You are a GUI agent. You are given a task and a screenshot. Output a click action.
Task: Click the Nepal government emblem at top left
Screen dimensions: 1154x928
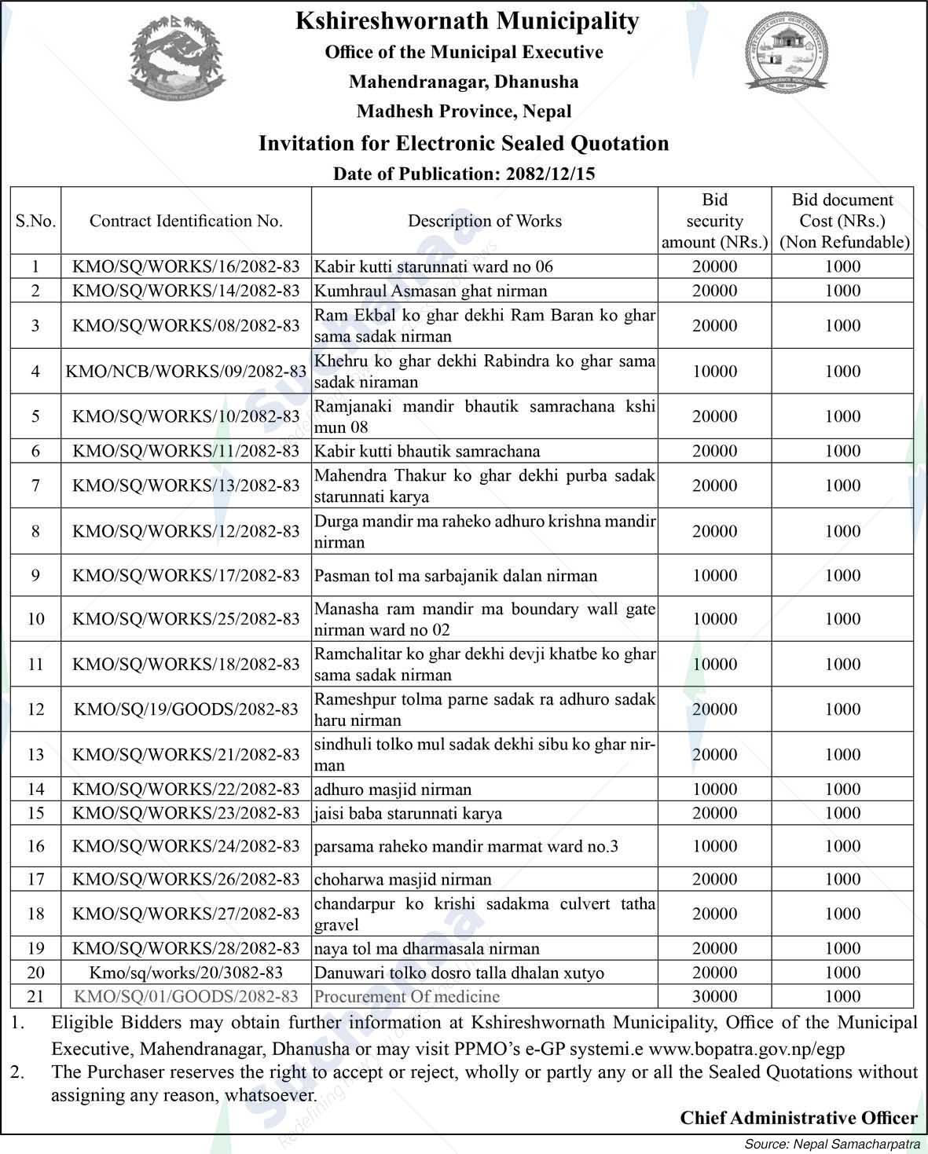[175, 61]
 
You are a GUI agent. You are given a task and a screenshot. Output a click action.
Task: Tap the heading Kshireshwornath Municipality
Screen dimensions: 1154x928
[467, 20]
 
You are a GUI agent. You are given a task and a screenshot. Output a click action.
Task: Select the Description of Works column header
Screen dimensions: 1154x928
[484, 221]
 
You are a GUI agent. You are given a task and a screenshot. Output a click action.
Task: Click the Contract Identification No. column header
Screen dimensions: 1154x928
[185, 221]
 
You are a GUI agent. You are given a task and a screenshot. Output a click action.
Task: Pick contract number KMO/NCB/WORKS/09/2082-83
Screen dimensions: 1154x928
[185, 371]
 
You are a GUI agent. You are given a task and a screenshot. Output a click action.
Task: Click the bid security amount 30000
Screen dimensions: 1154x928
[714, 996]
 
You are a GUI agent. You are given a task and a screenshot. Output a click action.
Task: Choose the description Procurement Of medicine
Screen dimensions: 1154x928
[407, 996]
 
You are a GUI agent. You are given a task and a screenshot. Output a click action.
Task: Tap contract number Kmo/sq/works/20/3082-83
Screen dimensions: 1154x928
[185, 973]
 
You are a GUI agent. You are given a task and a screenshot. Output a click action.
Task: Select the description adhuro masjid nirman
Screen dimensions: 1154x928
[393, 789]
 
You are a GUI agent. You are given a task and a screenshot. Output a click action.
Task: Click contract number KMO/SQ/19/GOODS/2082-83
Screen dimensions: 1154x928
[185, 709]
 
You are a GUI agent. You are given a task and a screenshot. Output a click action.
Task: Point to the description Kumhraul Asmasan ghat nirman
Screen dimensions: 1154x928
[431, 291]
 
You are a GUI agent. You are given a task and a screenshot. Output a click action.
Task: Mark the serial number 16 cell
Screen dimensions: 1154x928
[35, 846]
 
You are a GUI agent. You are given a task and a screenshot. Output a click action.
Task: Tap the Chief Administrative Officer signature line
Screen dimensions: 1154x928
[798, 1117]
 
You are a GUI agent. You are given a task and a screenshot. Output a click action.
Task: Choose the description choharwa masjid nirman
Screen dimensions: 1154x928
[402, 879]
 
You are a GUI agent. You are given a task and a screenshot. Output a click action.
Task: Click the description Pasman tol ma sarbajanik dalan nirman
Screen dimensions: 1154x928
[456, 576]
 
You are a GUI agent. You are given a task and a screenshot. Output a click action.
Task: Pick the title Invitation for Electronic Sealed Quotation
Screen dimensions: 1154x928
[464, 143]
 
